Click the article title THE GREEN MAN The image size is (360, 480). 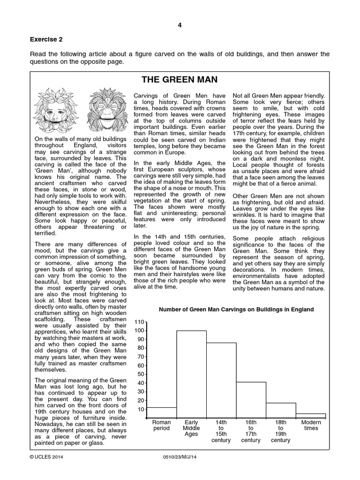(x=180, y=80)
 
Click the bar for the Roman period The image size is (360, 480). (x=162, y=412)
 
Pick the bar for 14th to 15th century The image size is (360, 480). (x=221, y=380)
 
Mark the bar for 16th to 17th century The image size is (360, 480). (x=251, y=399)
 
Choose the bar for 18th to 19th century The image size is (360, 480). (x=281, y=410)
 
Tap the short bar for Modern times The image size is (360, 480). (x=310, y=415)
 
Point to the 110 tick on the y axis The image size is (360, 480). (x=139, y=322)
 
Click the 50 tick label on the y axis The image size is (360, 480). (x=140, y=374)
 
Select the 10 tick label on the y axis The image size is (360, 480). (x=140, y=409)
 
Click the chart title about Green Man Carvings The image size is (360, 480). (x=236, y=309)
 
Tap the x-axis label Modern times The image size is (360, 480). (x=311, y=425)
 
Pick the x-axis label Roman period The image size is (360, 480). (x=162, y=425)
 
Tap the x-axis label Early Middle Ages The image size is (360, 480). (x=191, y=428)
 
